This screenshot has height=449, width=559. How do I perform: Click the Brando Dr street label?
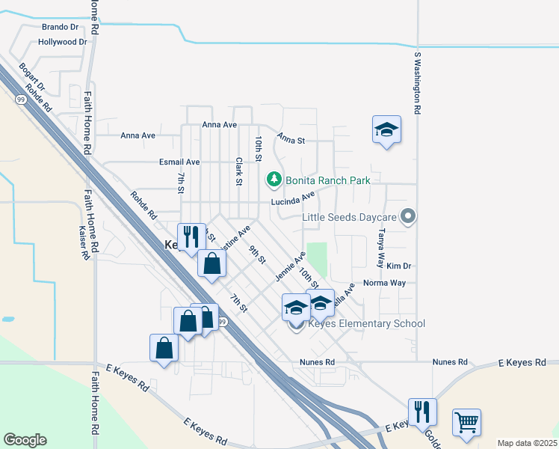pyautogui.click(x=60, y=27)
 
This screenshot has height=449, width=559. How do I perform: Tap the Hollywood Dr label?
pyautogui.click(x=63, y=43)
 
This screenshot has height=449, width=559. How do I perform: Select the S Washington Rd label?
pyautogui.click(x=418, y=82)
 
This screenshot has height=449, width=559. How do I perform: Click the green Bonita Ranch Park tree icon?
pyautogui.click(x=274, y=180)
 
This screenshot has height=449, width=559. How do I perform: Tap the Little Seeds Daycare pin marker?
pyautogui.click(x=407, y=217)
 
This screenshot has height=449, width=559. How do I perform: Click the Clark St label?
pyautogui.click(x=239, y=171)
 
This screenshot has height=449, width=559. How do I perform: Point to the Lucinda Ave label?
pyautogui.click(x=293, y=201)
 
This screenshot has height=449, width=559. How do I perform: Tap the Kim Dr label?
pyautogui.click(x=399, y=266)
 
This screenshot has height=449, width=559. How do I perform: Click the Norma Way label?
pyautogui.click(x=384, y=284)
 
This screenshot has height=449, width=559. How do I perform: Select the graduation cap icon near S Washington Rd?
pyautogui.click(x=386, y=129)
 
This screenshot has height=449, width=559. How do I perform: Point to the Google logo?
pyautogui.click(x=25, y=440)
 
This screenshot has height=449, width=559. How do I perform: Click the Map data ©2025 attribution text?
pyautogui.click(x=526, y=443)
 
